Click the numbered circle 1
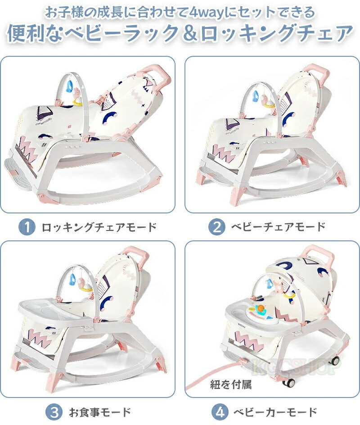[27, 227]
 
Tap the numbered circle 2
[217, 227]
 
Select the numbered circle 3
[54, 412]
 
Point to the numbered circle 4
[220, 412]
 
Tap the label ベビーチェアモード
[278, 227]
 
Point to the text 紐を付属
[231, 384]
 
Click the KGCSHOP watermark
[296, 366]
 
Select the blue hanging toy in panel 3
[72, 280]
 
